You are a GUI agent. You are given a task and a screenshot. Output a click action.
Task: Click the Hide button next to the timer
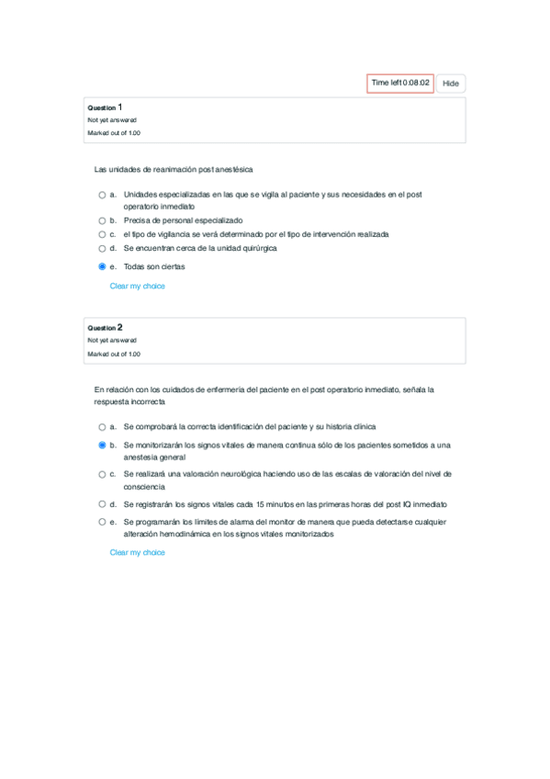(450, 84)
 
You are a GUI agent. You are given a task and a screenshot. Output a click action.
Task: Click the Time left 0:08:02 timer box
(400, 83)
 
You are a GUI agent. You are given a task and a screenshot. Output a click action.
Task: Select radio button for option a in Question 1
(102, 195)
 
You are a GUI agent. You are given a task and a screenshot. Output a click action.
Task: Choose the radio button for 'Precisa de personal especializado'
(102, 220)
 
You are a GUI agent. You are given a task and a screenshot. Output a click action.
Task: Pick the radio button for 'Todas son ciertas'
(102, 266)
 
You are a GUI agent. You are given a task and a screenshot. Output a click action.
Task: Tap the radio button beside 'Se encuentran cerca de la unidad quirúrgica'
(102, 248)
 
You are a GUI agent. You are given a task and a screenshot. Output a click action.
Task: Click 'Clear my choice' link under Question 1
(137, 286)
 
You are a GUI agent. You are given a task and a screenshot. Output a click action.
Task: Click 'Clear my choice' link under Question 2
(137, 552)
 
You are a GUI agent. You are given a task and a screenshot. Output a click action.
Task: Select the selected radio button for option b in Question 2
(102, 445)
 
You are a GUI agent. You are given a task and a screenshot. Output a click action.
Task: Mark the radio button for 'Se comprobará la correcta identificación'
(102, 426)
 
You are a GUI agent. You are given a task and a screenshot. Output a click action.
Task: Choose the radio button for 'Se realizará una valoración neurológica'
(102, 474)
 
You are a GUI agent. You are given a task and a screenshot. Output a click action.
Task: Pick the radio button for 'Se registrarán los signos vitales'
(102, 503)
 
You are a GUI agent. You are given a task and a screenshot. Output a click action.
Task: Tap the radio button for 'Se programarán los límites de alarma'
(102, 521)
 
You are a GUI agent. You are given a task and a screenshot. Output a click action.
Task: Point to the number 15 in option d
(262, 503)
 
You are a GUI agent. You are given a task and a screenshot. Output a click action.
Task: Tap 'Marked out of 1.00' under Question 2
(114, 354)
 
